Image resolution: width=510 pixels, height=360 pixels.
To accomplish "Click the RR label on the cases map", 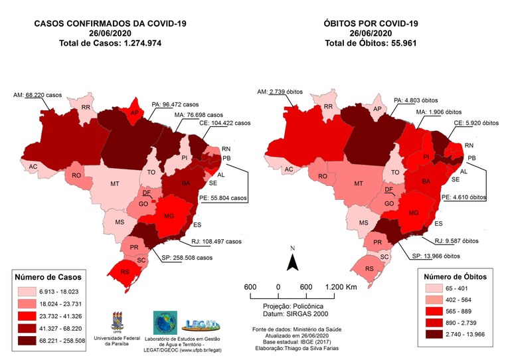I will [x=86, y=107].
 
